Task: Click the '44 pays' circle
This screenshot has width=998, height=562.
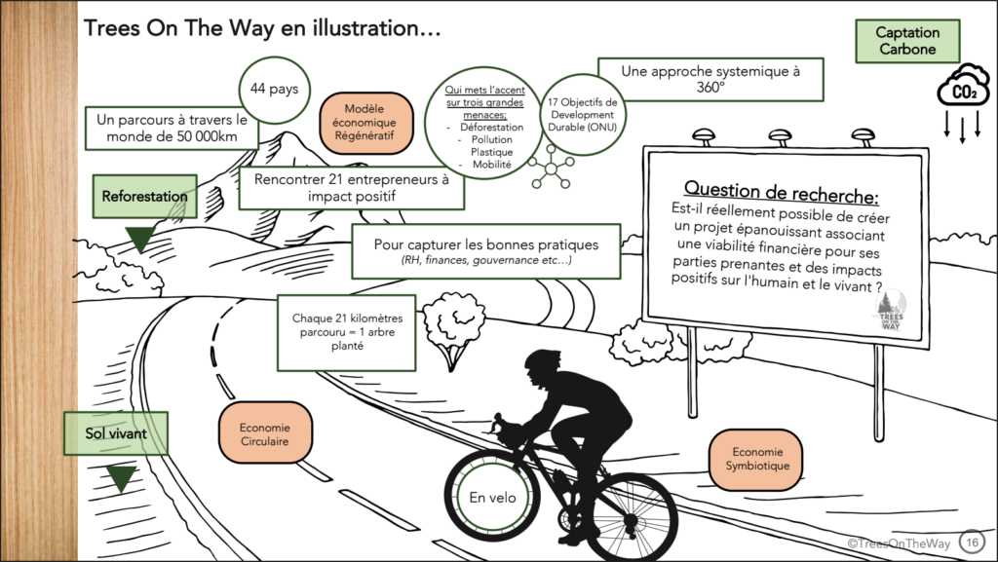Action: pos(274,89)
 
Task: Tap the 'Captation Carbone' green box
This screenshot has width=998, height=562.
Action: pos(906,41)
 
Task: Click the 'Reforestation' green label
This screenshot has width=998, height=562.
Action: pos(144,196)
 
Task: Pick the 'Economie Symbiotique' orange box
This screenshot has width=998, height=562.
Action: pos(755,458)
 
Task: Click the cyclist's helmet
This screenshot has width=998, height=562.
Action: pos(542,360)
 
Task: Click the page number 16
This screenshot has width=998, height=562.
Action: pos(971,541)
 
